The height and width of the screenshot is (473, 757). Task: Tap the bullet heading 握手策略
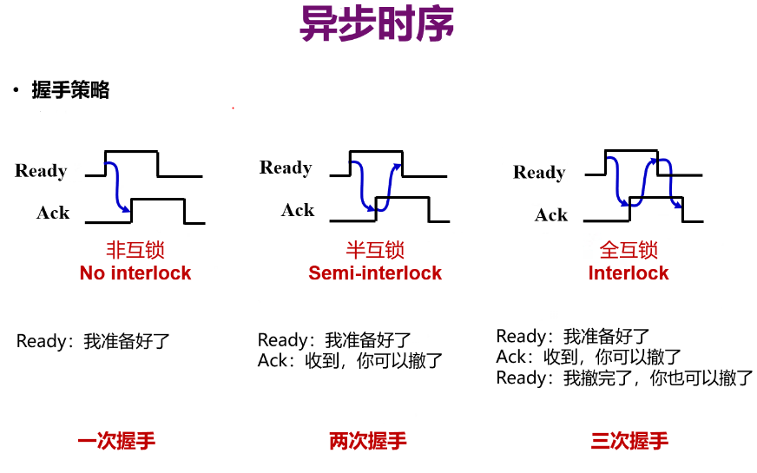pyautogui.click(x=70, y=90)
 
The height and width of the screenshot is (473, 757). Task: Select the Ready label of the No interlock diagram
pyautogui.click(x=41, y=171)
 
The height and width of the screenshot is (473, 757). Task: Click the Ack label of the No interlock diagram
pyautogui.click(x=53, y=213)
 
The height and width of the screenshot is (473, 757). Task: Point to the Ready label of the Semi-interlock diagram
pyautogui.click(x=286, y=168)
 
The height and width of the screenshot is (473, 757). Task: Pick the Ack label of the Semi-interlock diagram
pyautogui.click(x=298, y=210)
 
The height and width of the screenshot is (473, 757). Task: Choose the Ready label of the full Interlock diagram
pyautogui.click(x=539, y=173)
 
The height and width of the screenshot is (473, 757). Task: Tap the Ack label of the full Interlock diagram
pyautogui.click(x=551, y=215)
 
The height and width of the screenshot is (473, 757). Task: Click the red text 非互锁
pyautogui.click(x=135, y=251)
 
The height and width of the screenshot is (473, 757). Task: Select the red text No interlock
pyautogui.click(x=135, y=273)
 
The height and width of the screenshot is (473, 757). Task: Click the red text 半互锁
pyautogui.click(x=375, y=251)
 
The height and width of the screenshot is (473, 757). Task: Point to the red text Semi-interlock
pyautogui.click(x=375, y=273)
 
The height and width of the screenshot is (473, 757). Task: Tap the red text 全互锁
pyautogui.click(x=629, y=251)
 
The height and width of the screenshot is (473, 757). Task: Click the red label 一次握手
pyautogui.click(x=116, y=441)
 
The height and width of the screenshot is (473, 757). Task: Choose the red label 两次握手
pyautogui.click(x=368, y=441)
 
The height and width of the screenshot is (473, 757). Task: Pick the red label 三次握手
pyautogui.click(x=629, y=441)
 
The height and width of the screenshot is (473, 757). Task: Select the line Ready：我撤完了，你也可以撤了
pyautogui.click(x=625, y=378)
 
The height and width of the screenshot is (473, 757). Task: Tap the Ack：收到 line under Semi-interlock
pyautogui.click(x=351, y=361)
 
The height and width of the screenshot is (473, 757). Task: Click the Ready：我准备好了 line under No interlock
pyautogui.click(x=94, y=341)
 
